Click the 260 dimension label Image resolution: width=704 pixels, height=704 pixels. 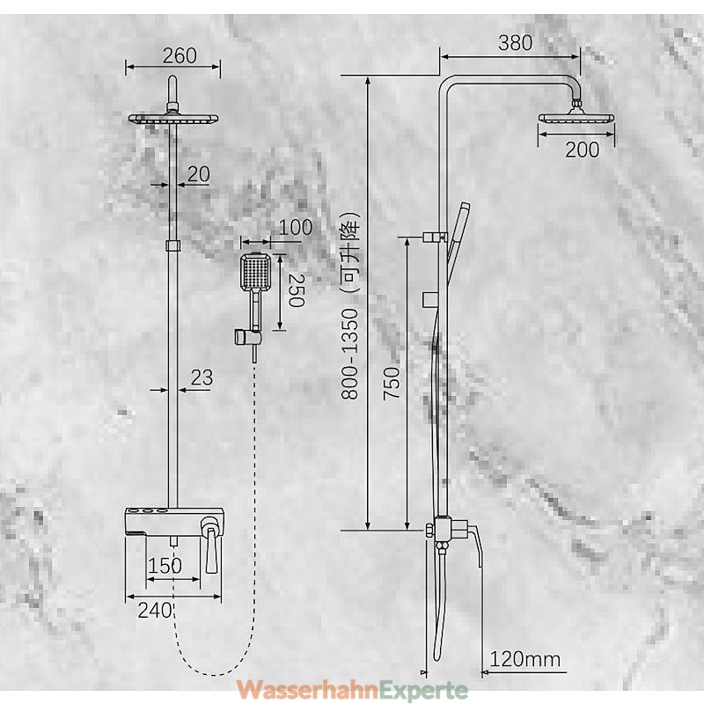(x=180, y=55)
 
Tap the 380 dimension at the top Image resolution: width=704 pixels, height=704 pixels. (x=515, y=42)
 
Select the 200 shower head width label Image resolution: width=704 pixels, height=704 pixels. (x=582, y=150)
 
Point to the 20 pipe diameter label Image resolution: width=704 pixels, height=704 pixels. (x=199, y=173)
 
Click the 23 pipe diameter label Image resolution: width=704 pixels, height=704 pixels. (x=202, y=378)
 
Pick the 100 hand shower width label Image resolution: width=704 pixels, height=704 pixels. (x=295, y=227)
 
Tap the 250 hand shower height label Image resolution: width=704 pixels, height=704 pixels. (x=297, y=290)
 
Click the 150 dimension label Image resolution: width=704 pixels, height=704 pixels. (x=165, y=566)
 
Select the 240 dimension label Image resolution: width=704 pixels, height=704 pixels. (x=155, y=610)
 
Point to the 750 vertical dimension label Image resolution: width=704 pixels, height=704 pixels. (x=391, y=383)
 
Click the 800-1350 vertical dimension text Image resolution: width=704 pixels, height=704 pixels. (x=349, y=354)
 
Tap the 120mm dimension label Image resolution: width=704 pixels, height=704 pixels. (x=524, y=659)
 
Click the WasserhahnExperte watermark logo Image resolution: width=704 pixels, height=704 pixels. (x=352, y=690)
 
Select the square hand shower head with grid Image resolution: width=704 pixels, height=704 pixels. (x=256, y=272)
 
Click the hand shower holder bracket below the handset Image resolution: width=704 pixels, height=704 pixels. (x=247, y=337)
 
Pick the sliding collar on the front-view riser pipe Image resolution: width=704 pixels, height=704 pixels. (x=172, y=246)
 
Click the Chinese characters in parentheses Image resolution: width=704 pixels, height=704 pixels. (x=350, y=253)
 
